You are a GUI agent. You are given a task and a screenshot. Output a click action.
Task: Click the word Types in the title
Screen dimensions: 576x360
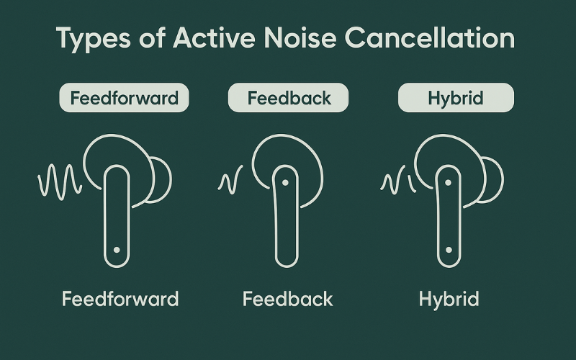click(94, 39)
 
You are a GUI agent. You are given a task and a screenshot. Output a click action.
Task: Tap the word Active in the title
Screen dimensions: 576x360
click(214, 37)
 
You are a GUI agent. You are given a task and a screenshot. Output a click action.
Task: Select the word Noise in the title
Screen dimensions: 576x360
click(300, 37)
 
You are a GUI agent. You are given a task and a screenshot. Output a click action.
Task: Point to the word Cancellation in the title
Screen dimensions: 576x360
click(429, 37)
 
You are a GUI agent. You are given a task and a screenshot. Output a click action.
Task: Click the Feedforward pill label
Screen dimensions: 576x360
click(124, 98)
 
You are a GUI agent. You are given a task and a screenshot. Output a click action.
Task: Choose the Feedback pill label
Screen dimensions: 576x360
click(289, 98)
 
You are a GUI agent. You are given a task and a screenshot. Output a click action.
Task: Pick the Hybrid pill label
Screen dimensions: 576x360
click(456, 98)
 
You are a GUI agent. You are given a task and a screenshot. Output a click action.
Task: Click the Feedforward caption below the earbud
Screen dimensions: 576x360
click(120, 299)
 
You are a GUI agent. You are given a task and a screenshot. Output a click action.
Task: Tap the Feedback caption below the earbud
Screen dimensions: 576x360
click(287, 299)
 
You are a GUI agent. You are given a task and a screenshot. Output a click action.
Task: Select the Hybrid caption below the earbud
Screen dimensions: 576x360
click(449, 300)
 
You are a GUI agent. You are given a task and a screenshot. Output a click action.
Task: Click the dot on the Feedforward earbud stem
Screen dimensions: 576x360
click(117, 250)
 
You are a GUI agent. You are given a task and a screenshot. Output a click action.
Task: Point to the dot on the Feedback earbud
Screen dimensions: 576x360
click(285, 182)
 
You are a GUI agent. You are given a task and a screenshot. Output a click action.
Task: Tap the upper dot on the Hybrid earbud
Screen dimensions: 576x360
click(448, 182)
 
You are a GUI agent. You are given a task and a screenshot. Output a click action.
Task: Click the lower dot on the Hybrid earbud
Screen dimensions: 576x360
click(449, 250)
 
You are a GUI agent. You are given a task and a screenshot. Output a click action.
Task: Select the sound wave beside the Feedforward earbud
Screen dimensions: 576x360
click(60, 182)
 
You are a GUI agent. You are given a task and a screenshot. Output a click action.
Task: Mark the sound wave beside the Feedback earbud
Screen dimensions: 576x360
click(230, 179)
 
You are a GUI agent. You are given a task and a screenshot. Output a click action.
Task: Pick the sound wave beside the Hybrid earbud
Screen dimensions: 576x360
click(398, 179)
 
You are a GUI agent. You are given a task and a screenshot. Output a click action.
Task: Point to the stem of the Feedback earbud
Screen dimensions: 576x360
click(285, 216)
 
